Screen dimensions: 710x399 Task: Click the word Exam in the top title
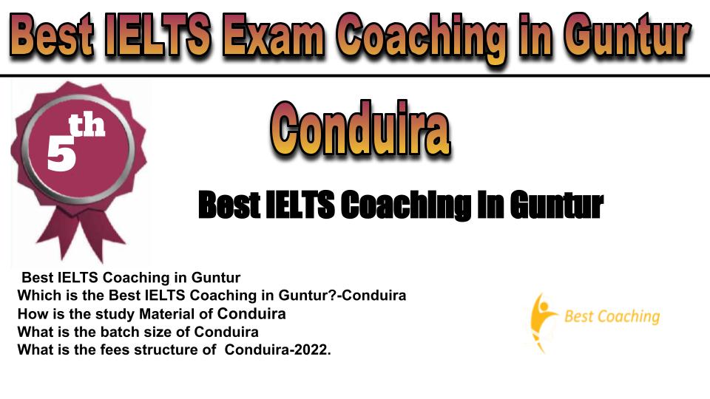coord(273,35)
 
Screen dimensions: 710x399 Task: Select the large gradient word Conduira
coord(360,128)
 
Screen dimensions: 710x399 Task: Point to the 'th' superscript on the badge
coord(87,125)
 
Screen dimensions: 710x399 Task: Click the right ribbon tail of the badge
coord(101,235)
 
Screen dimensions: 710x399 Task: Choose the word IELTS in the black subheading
coord(300,205)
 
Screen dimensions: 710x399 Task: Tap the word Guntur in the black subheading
coord(556,205)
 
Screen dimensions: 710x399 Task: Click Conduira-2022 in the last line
coord(277,349)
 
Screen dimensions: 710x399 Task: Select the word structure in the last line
coord(164,349)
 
